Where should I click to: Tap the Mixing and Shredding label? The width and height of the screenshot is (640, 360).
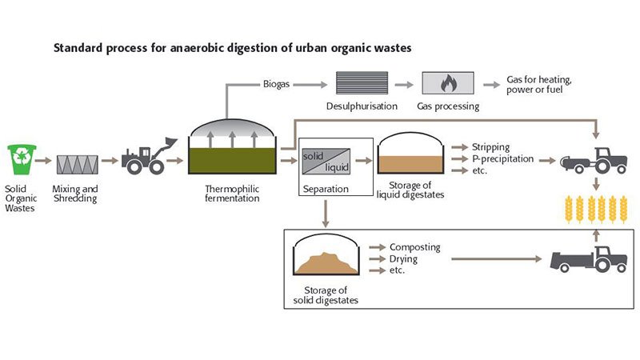coord(74,193)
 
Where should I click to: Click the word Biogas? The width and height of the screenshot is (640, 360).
coord(277,82)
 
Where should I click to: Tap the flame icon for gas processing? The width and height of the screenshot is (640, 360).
coord(447,83)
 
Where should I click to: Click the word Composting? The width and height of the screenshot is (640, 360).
coord(414,248)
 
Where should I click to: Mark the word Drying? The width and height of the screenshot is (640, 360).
coord(405,259)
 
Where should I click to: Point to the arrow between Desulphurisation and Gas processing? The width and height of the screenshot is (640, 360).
coord(406,83)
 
